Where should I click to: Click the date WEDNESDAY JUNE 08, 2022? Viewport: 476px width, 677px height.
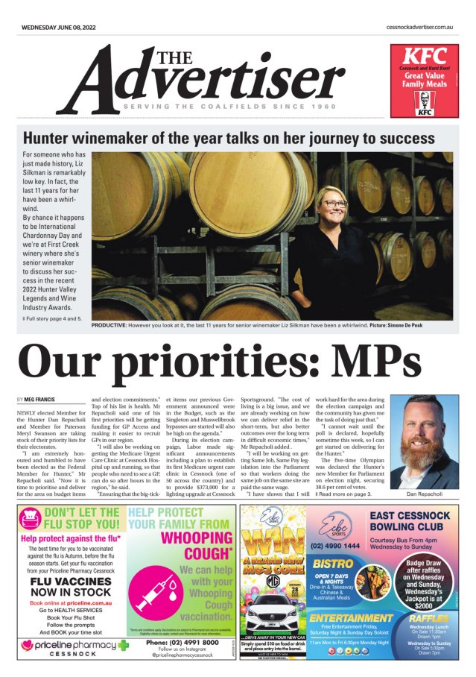pos(59,27)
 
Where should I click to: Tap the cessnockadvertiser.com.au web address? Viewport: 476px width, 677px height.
pos(419,27)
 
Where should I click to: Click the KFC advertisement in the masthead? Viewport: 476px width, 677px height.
pos(424,82)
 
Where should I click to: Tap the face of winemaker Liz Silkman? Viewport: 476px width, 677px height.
pos(334,199)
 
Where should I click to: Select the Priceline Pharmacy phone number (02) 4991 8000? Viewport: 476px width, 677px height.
pos(182,642)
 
